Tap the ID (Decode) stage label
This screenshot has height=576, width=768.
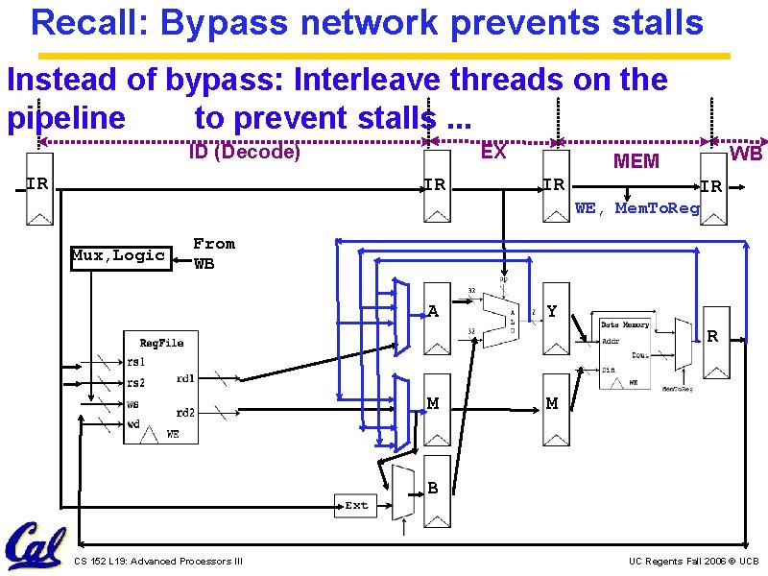245,152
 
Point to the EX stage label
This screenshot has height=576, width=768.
493,152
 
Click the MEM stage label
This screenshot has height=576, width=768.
636,161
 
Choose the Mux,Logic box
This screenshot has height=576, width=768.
120,255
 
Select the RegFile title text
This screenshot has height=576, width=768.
161,343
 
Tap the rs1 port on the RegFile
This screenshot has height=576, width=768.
136,362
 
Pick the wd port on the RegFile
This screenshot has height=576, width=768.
133,424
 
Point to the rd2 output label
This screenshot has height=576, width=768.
186,413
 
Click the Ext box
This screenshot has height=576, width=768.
356,505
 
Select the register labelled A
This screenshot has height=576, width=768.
437,311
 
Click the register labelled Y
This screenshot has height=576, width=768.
554,311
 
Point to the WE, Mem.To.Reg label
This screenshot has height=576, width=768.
637,208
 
